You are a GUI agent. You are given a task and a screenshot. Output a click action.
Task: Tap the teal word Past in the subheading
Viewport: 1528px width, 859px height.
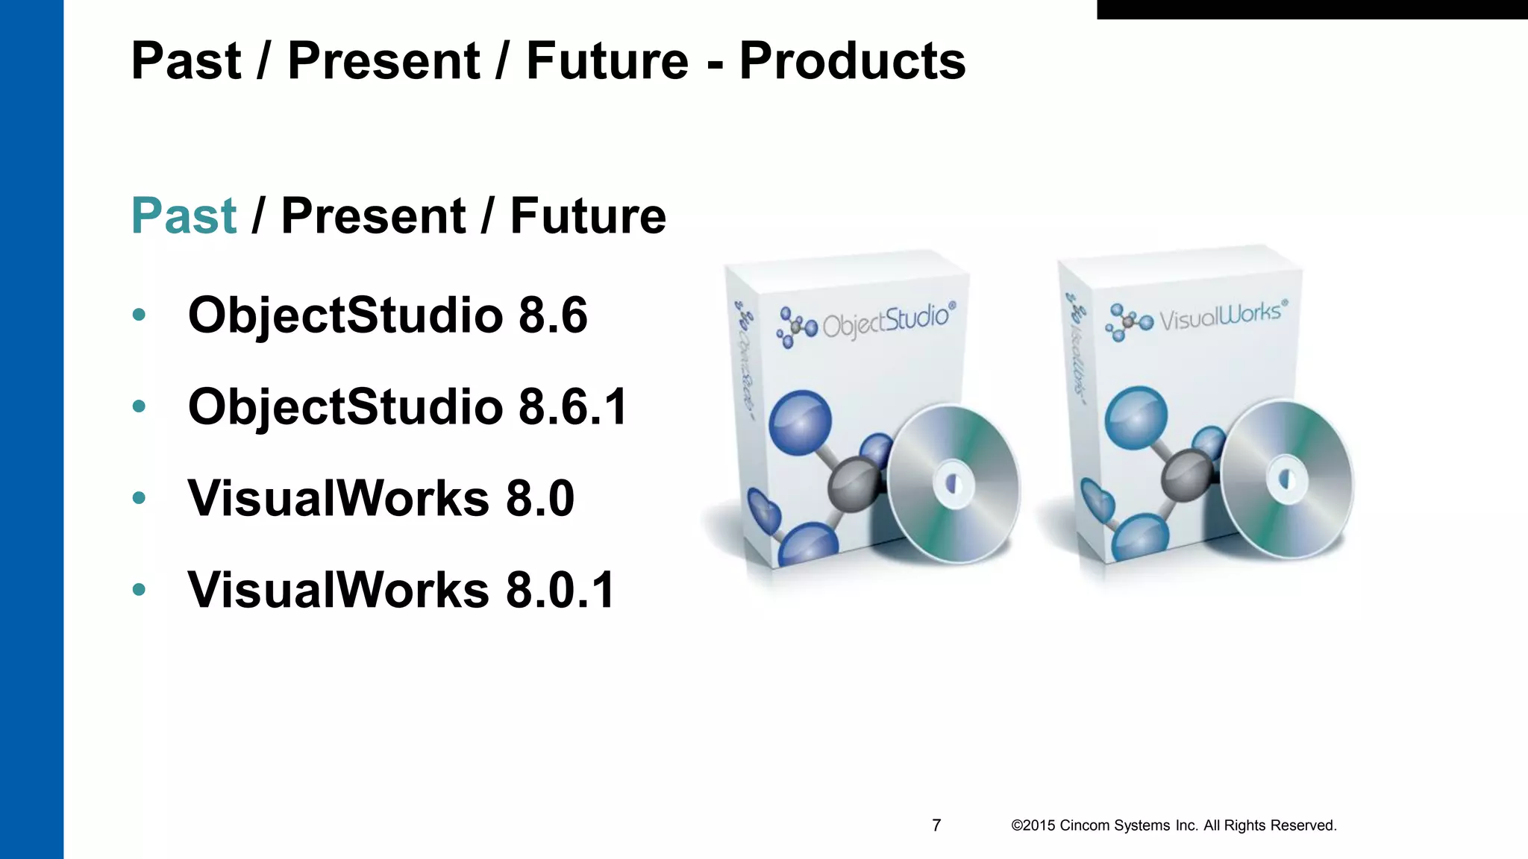(x=184, y=216)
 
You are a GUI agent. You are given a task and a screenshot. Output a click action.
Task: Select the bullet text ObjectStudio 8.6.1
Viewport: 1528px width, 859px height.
(x=408, y=406)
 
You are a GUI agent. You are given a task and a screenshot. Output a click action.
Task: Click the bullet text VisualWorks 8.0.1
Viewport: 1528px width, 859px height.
(x=401, y=590)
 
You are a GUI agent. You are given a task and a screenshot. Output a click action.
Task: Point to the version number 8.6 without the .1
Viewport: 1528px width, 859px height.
(x=553, y=315)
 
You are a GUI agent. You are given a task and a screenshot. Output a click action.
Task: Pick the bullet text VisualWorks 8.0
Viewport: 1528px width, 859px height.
(x=381, y=498)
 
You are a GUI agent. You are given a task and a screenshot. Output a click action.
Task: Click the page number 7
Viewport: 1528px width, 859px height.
(x=936, y=825)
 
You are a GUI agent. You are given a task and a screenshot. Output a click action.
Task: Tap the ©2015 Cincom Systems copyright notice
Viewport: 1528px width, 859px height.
(x=1174, y=825)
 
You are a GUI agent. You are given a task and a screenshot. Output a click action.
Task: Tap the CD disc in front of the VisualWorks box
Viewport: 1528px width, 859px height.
(x=1287, y=478)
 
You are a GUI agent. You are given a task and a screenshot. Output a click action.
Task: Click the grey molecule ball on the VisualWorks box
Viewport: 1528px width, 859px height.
(x=1188, y=475)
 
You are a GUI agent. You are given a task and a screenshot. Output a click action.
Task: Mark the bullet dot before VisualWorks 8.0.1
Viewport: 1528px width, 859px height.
(x=139, y=590)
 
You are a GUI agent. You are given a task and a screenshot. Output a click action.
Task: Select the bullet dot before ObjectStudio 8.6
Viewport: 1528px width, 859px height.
(x=139, y=315)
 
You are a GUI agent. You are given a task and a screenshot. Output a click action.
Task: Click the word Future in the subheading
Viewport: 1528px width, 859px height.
(x=588, y=216)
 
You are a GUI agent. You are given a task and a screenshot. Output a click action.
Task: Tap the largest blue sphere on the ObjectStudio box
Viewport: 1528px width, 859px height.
(x=800, y=422)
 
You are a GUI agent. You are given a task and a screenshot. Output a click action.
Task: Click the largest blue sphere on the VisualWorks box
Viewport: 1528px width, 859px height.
(x=1136, y=418)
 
